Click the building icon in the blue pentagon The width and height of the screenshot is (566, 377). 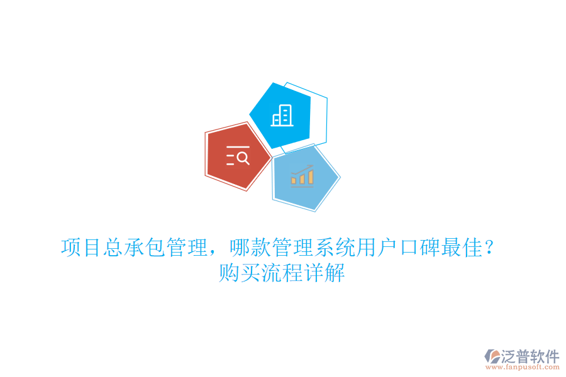(281, 116)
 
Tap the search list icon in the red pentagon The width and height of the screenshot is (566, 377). (238, 155)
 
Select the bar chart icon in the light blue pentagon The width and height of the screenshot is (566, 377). (302, 175)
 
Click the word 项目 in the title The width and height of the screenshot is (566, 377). (82, 248)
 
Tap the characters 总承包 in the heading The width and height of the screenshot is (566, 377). (134, 248)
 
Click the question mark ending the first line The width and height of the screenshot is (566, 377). (489, 248)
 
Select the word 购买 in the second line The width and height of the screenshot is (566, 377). (240, 274)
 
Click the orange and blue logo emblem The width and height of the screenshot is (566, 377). (492, 357)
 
